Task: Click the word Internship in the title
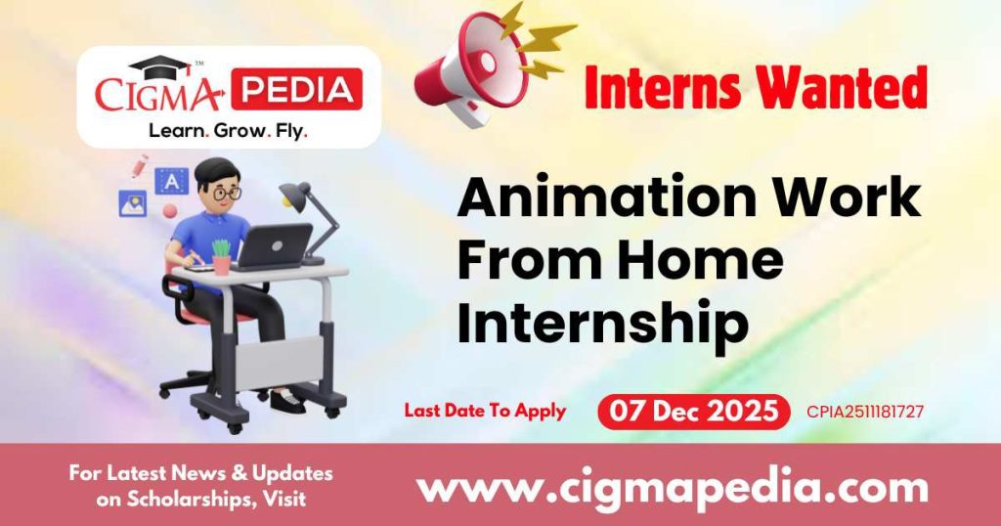(x=602, y=324)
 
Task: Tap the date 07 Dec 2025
(x=693, y=412)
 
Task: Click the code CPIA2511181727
(x=865, y=412)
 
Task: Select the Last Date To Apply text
(x=485, y=411)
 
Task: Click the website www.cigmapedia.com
(x=673, y=486)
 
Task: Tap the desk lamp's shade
(x=295, y=192)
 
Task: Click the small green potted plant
(x=222, y=256)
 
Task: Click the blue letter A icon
(x=172, y=181)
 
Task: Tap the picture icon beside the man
(x=132, y=203)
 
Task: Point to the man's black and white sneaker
(x=286, y=400)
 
